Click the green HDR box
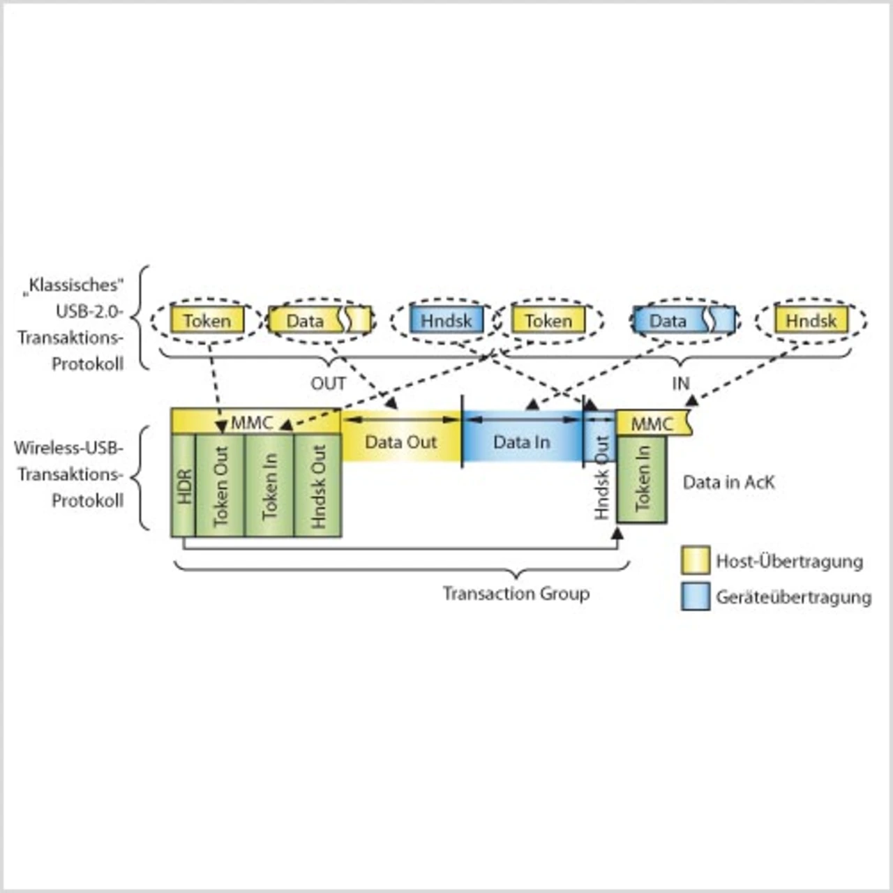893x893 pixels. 183,486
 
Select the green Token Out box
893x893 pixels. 220,486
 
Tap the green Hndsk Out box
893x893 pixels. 318,486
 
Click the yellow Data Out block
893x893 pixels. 400,442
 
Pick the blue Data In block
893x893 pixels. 521,442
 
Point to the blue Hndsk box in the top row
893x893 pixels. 446,320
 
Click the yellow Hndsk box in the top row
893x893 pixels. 811,320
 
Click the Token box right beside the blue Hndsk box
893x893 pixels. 548,320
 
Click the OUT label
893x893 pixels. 328,383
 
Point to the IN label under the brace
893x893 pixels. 680,383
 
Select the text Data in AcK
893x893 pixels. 728,482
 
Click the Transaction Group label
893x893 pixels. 516,594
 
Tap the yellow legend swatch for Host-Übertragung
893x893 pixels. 695,560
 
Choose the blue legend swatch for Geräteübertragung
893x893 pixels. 695,596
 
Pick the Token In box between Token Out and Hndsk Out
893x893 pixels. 269,486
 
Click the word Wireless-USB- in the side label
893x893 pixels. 68,447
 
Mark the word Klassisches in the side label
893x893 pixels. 75,285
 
